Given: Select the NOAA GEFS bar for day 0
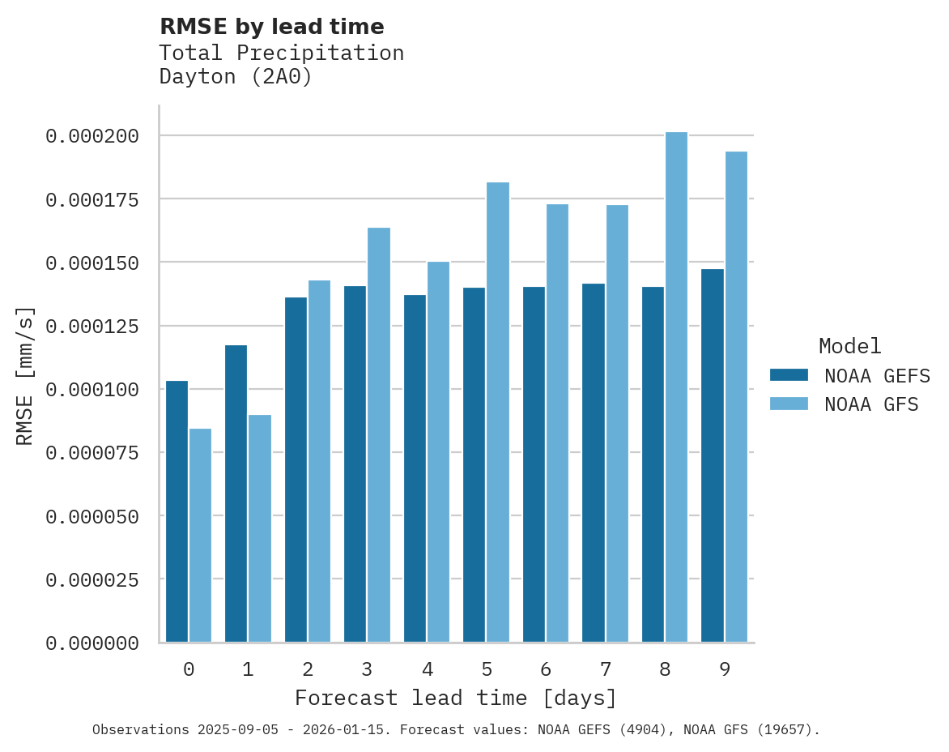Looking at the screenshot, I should [177, 511].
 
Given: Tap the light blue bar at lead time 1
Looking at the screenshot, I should [260, 528].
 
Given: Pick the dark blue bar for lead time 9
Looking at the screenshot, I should [713, 455].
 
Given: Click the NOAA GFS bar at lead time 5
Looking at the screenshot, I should [498, 412].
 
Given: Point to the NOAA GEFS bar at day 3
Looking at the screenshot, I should [355, 464].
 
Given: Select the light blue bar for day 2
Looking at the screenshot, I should [319, 461].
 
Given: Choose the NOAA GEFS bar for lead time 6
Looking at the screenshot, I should [534, 464].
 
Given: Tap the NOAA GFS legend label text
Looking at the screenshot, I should [871, 404].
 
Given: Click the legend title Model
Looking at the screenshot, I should [849, 346].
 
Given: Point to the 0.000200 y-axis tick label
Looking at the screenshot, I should [91, 136].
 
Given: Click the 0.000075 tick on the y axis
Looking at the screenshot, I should [91, 453].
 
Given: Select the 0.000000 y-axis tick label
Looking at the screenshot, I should [91, 643].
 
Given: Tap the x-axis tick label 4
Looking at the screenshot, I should [427, 669].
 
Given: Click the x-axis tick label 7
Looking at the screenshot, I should [605, 669].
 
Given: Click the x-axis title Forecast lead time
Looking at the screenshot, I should [455, 698].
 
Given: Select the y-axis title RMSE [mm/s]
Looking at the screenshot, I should [26, 375].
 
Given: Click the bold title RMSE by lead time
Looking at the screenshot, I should [271, 27].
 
